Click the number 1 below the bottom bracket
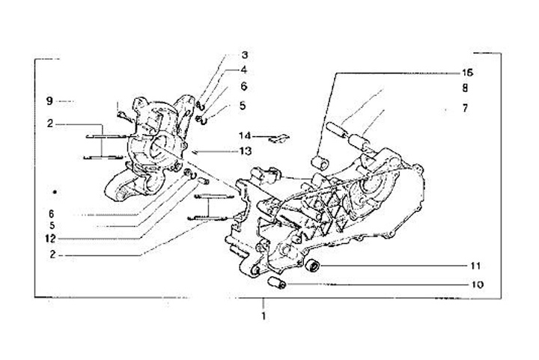coord(264,316)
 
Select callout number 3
coord(244,55)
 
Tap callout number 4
coord(244,70)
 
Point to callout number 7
coord(465,108)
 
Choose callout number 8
coord(465,88)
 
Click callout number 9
coord(49,100)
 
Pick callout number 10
coord(476,284)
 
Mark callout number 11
coord(476,266)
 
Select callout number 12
coord(51,239)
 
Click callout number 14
coord(244,136)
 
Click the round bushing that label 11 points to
coord(314,266)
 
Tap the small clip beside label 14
coord(278,137)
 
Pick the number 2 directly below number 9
coord(49,123)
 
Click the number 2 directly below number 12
coord(51,254)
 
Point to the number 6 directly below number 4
coord(244,86)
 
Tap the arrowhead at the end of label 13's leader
coord(194,152)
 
